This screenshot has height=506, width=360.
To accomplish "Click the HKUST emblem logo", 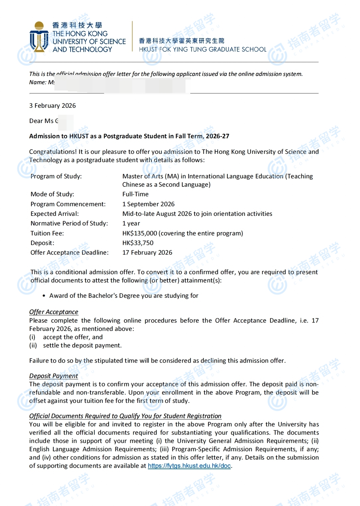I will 39,37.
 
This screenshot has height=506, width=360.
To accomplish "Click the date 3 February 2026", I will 52,106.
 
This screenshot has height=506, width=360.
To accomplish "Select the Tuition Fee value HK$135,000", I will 140,233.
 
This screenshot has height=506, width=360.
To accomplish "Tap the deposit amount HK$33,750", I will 138,243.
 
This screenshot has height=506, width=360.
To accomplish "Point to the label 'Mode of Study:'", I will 52,194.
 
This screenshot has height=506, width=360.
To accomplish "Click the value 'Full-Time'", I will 135,194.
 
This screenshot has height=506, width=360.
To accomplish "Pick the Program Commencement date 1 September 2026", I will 148,204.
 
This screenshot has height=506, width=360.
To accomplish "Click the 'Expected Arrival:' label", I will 55,214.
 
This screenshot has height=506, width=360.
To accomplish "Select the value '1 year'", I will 131,223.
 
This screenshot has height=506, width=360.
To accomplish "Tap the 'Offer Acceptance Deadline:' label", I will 70,253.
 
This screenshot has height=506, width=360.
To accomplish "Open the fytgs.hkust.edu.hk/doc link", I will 189,466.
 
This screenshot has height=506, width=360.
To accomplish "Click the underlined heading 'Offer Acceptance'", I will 54,312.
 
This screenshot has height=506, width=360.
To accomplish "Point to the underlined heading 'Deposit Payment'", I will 54,376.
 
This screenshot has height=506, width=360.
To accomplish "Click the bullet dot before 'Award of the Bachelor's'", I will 44,296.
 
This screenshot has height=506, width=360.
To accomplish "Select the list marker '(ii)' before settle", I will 33,346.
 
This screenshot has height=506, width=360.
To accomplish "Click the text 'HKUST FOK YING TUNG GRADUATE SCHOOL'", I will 203,49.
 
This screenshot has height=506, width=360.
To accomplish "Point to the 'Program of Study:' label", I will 56,176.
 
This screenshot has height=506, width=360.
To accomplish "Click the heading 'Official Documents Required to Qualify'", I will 125,416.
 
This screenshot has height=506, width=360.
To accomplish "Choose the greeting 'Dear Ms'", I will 41,121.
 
